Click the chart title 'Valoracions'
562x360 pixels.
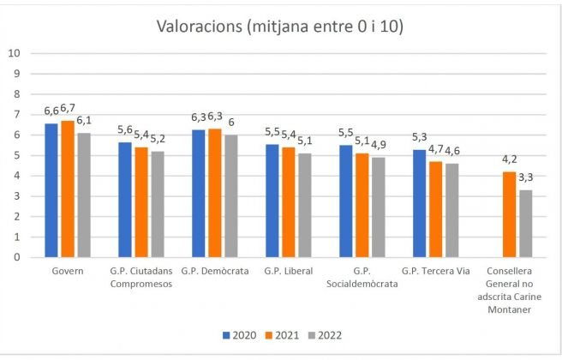[x=280, y=27]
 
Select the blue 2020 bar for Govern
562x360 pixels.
[x=51, y=190]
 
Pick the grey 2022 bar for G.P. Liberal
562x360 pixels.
[x=304, y=206]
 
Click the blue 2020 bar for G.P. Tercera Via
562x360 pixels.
[x=420, y=203]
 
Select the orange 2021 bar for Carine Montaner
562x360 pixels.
[x=509, y=214]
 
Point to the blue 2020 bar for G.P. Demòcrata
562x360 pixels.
[x=199, y=194]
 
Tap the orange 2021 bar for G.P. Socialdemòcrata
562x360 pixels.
[x=362, y=206]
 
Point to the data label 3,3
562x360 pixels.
[x=525, y=178]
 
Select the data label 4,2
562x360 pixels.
[x=509, y=159]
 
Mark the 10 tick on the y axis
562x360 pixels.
[x=13, y=53]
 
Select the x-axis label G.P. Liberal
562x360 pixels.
[x=289, y=272]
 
